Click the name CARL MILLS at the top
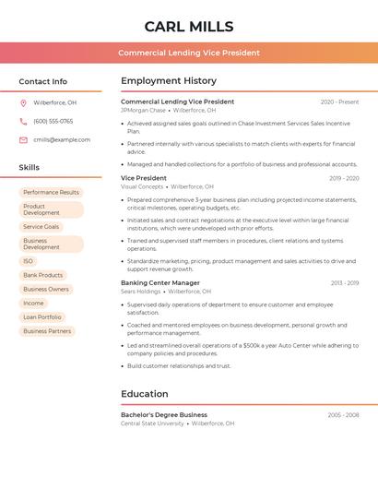point(189,27)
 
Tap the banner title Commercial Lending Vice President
point(189,53)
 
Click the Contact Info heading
point(42,81)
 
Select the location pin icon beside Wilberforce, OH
point(23,102)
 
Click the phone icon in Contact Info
point(23,121)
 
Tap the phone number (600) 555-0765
point(53,121)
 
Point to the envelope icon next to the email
point(23,139)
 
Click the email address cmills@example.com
point(62,139)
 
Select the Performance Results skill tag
point(51,192)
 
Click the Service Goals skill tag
point(41,226)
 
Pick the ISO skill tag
point(28,261)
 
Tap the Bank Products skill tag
point(42,275)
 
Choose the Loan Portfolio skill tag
point(42,316)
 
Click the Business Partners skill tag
point(47,330)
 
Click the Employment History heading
point(169,81)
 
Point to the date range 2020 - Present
point(339,101)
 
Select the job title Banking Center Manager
point(159,282)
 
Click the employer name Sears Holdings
point(140,292)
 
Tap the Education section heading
point(145,394)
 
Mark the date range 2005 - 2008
point(343,414)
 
